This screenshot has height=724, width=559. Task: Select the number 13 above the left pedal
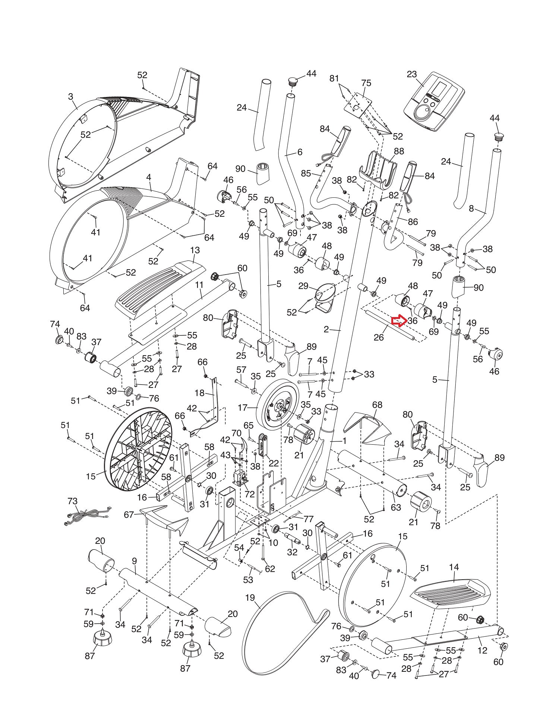click(195, 250)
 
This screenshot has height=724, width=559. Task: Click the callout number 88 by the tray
click(399, 151)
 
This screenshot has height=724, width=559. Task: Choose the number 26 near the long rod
click(379, 338)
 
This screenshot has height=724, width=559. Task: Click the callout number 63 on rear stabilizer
click(396, 507)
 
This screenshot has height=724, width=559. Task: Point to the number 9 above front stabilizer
click(134, 561)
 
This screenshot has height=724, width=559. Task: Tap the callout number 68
click(377, 405)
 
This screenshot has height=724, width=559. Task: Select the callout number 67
click(129, 515)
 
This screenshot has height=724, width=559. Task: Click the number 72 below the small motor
click(249, 494)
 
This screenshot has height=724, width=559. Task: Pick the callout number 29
click(303, 286)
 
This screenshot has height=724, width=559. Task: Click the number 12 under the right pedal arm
click(482, 650)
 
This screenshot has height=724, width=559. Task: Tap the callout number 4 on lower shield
click(149, 178)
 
